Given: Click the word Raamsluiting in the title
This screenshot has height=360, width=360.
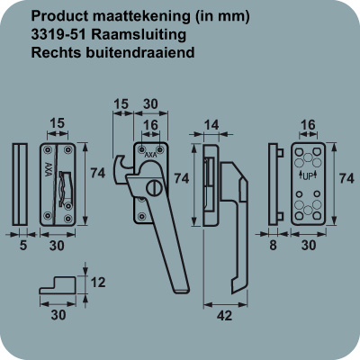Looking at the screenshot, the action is tap(139, 35).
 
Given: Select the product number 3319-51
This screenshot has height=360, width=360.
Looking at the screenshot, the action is tap(58, 34).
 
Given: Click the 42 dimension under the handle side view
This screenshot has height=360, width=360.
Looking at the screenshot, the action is tap(224, 315).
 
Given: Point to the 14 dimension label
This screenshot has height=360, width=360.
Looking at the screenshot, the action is tap(211, 125).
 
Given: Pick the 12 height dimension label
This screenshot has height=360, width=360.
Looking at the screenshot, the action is tap(97, 283).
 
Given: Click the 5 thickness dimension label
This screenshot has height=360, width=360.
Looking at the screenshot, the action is tap(23, 246).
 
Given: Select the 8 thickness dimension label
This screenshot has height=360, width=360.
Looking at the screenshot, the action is tap(273, 246).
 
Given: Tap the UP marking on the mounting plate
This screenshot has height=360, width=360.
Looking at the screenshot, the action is tap(308, 176).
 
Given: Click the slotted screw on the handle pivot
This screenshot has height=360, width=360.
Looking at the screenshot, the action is tap(155, 189).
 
